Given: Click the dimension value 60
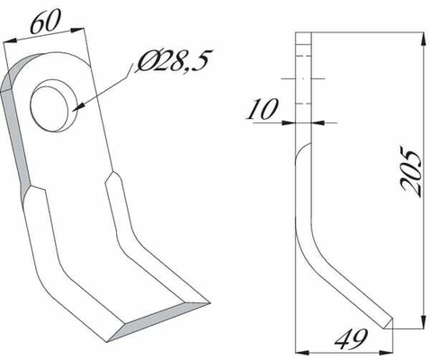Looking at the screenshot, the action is [x=46, y=22].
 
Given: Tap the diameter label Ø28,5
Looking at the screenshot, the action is [x=174, y=60].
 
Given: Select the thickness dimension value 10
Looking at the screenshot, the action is [x=263, y=109].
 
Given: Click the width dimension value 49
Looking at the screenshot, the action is [x=351, y=339].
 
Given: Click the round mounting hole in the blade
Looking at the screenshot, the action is [x=51, y=105].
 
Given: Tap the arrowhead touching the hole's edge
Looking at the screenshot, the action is [x=77, y=107].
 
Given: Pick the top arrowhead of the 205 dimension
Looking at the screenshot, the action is [x=423, y=39].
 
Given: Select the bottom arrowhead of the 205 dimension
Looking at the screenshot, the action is [x=423, y=321].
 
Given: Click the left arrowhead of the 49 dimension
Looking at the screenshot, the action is [x=302, y=352].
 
